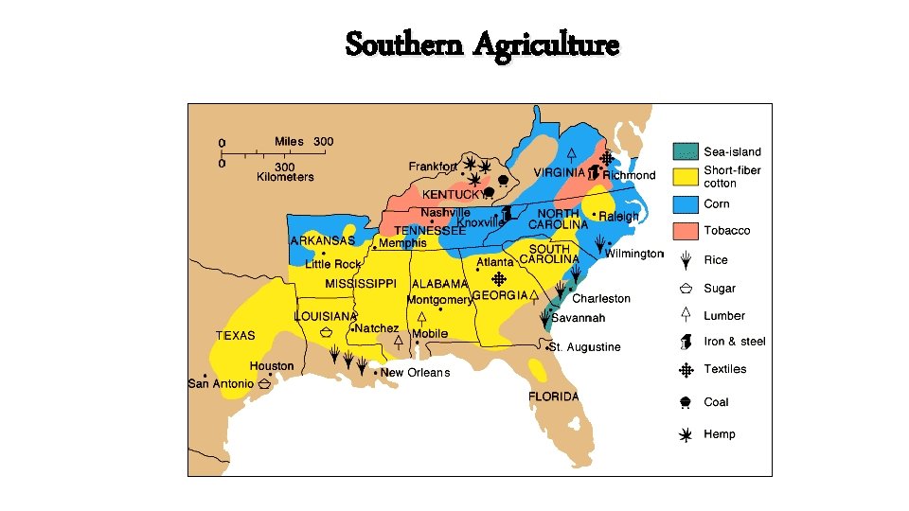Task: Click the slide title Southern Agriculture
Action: [482, 44]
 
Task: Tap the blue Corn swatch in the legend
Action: [686, 203]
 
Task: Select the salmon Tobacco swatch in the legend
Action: [686, 231]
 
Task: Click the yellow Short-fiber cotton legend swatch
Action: [686, 177]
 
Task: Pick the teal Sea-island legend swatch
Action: [686, 151]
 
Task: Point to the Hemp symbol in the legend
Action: [685, 434]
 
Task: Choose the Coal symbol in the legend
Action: [685, 402]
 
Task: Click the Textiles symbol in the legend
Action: [685, 369]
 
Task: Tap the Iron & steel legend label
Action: [735, 342]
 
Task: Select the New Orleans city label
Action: [416, 373]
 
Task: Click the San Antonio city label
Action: [221, 384]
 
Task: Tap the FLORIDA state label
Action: [554, 396]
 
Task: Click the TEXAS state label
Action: [235, 336]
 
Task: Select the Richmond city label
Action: [629, 176]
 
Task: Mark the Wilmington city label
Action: [635, 254]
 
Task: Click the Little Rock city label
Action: [332, 265]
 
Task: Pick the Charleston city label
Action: [601, 299]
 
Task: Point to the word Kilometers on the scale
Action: [285, 177]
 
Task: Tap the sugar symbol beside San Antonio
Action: [265, 384]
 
